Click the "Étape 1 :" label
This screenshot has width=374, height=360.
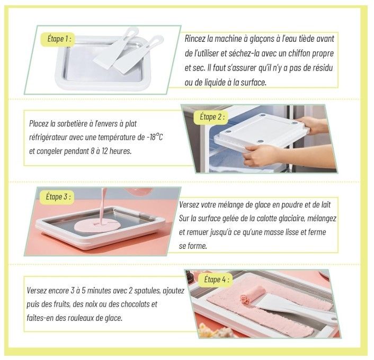pos(59,39)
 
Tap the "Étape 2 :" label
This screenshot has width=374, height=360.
pos(212,117)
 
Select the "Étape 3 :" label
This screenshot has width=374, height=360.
pos(58,197)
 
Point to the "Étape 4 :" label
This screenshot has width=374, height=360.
pos(216,280)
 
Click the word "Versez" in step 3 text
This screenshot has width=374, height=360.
pos(190,205)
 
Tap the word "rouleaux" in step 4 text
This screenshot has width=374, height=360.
pos(82,318)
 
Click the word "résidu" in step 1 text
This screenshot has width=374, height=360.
pos(322,68)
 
